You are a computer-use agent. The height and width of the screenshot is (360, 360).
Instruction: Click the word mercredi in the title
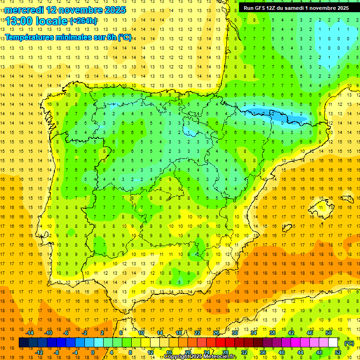tap(24, 10)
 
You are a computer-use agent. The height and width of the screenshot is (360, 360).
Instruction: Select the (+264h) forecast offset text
tap(83, 21)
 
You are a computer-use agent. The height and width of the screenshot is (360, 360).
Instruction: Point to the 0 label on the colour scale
tap(93, 352)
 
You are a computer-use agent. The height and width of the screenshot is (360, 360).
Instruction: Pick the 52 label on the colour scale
tap(338, 352)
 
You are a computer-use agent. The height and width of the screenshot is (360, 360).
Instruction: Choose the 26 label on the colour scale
tap(216, 333)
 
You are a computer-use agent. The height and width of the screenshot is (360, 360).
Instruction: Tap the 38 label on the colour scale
tap(272, 333)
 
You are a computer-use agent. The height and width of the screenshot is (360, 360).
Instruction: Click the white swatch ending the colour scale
tap(333, 343)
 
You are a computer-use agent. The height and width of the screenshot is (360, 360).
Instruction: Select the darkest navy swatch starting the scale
tap(23, 343)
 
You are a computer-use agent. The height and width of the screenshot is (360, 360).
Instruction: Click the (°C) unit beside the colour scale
tap(349, 343)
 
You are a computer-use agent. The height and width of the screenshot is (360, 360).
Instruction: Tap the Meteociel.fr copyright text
tap(201, 357)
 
